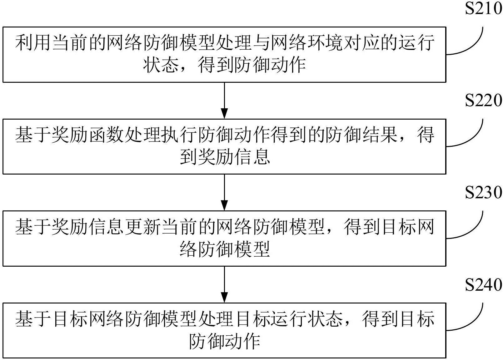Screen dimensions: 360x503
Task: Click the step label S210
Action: tap(483, 9)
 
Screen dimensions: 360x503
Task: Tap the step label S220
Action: tap(483, 101)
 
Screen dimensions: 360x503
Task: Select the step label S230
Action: tap(483, 193)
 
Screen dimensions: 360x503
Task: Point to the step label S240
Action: tap(483, 285)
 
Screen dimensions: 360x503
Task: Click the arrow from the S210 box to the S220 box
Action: tap(224, 100)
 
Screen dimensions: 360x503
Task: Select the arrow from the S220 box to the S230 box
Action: tap(224, 192)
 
